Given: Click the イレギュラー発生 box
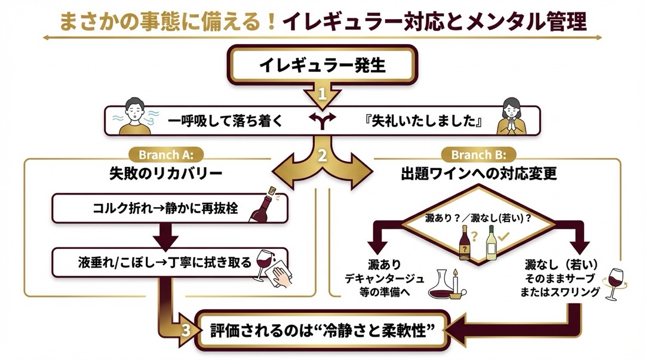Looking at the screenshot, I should (322, 65).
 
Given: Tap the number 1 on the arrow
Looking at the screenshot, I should (322, 94).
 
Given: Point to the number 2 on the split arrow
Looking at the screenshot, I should (322, 156).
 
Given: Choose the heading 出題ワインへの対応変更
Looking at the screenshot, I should (478, 174).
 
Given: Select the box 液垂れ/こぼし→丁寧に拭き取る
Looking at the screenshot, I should (170, 262).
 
